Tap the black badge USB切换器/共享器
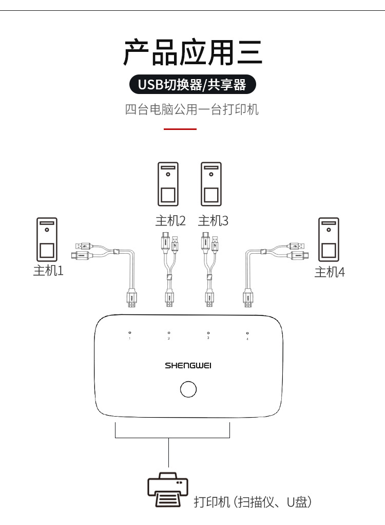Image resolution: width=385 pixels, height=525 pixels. tap(192, 85)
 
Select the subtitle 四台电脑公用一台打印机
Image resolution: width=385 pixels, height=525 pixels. tap(192, 109)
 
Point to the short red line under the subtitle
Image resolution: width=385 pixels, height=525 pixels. tap(180, 129)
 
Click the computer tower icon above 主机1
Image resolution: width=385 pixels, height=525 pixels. tap(47, 239)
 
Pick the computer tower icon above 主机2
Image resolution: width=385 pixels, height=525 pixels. tap(168, 184)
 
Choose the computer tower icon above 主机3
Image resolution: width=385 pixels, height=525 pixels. tap(210, 184)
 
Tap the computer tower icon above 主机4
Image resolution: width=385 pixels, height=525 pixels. tap(329, 239)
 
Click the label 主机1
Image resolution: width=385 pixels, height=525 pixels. tap(48, 270)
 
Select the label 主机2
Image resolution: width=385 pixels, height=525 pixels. tap(170, 221)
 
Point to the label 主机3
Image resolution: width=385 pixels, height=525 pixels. tap(213, 221)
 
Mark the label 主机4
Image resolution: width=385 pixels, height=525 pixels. tap(330, 272)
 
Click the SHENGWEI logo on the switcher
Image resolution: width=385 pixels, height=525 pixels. tap(188, 366)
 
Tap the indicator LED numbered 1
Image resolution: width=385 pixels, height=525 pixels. tap(129, 333)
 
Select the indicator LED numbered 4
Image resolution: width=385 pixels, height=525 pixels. tap(247, 333)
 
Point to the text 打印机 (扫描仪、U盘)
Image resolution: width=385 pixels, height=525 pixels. tap(253, 502)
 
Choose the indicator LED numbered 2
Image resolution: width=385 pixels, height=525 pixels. tap(169, 333)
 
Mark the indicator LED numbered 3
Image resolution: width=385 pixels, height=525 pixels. tap(208, 333)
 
